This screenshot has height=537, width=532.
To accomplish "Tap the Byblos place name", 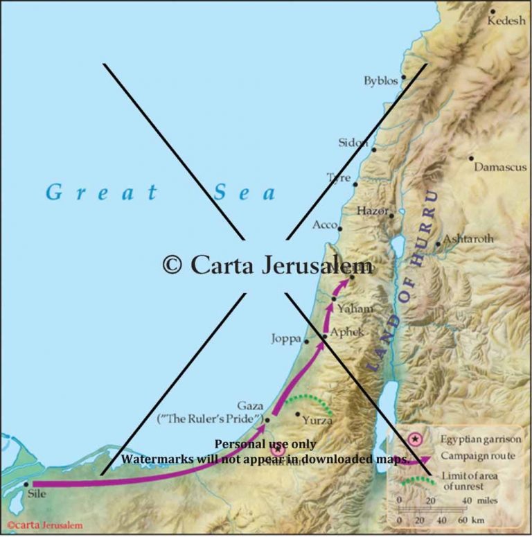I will [381, 81].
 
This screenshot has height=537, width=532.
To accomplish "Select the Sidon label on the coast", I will [353, 143].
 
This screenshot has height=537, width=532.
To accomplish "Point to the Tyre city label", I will [338, 178].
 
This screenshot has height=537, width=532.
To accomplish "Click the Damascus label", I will [501, 168].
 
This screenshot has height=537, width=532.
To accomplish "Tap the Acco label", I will [325, 226].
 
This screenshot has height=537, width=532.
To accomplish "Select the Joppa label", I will [287, 340].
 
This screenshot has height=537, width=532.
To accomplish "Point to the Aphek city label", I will [346, 332].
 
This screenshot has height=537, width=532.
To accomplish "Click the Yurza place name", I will [317, 420].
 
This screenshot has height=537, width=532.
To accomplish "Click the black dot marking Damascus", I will [471, 158].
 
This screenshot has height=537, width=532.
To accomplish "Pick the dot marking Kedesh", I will [493, 11].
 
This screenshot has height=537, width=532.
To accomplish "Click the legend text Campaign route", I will [477, 456].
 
